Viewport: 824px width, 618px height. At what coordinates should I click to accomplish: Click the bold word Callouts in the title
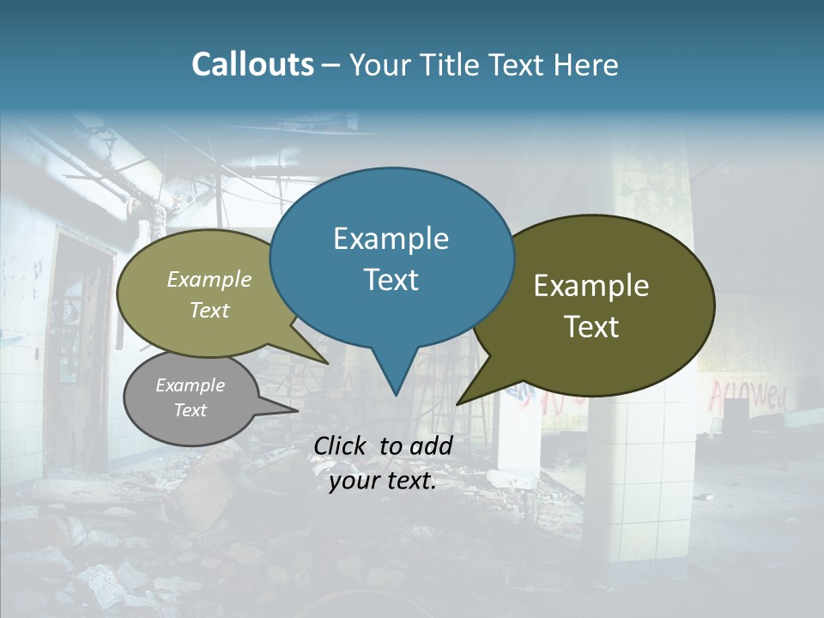click(252, 64)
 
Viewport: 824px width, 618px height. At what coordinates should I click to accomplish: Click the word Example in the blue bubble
click(391, 239)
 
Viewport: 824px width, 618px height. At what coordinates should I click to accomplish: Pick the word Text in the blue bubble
click(391, 280)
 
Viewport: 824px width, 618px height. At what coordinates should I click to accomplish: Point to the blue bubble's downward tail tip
click(395, 394)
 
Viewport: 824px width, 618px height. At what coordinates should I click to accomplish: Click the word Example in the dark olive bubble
click(591, 286)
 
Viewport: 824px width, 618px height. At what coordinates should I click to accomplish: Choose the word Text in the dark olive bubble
click(591, 327)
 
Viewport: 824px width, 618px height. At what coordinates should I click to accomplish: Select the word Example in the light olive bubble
click(209, 279)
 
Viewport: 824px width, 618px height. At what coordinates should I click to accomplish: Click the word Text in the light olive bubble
click(209, 310)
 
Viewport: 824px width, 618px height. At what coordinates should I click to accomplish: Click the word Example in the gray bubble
click(191, 385)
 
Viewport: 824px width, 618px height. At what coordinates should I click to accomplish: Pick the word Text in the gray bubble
click(191, 410)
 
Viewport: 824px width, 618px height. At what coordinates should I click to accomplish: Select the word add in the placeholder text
click(431, 445)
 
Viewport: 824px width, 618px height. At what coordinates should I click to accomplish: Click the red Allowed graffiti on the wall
click(747, 395)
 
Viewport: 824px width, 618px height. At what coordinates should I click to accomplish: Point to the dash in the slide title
click(332, 66)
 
